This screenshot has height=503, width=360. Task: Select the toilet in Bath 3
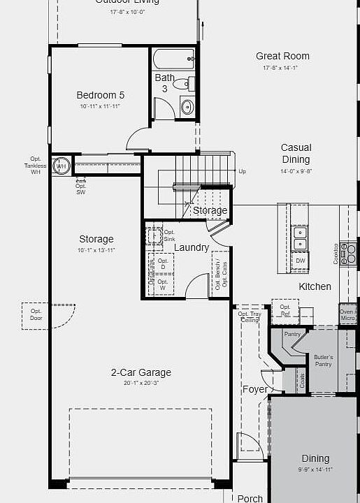click(x=182, y=85)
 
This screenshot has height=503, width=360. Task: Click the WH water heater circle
click(x=62, y=166)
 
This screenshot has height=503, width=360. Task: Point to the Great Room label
click(x=282, y=56)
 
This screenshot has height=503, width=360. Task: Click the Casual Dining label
click(x=296, y=154)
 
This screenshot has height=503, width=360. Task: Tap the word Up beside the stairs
click(x=242, y=171)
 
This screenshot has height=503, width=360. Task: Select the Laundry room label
click(x=191, y=247)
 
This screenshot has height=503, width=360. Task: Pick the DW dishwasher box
click(x=301, y=261)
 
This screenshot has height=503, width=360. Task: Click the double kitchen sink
click(x=300, y=238)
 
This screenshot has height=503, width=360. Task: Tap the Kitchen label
click(x=315, y=286)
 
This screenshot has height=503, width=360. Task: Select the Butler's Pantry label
click(x=323, y=360)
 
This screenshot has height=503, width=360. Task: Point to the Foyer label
click(x=254, y=389)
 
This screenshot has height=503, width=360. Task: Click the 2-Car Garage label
click(x=141, y=372)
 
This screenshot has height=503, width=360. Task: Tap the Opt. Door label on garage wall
click(x=36, y=314)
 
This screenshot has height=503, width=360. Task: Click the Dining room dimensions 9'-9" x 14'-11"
click(x=315, y=469)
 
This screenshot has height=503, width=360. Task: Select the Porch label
click(x=250, y=498)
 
